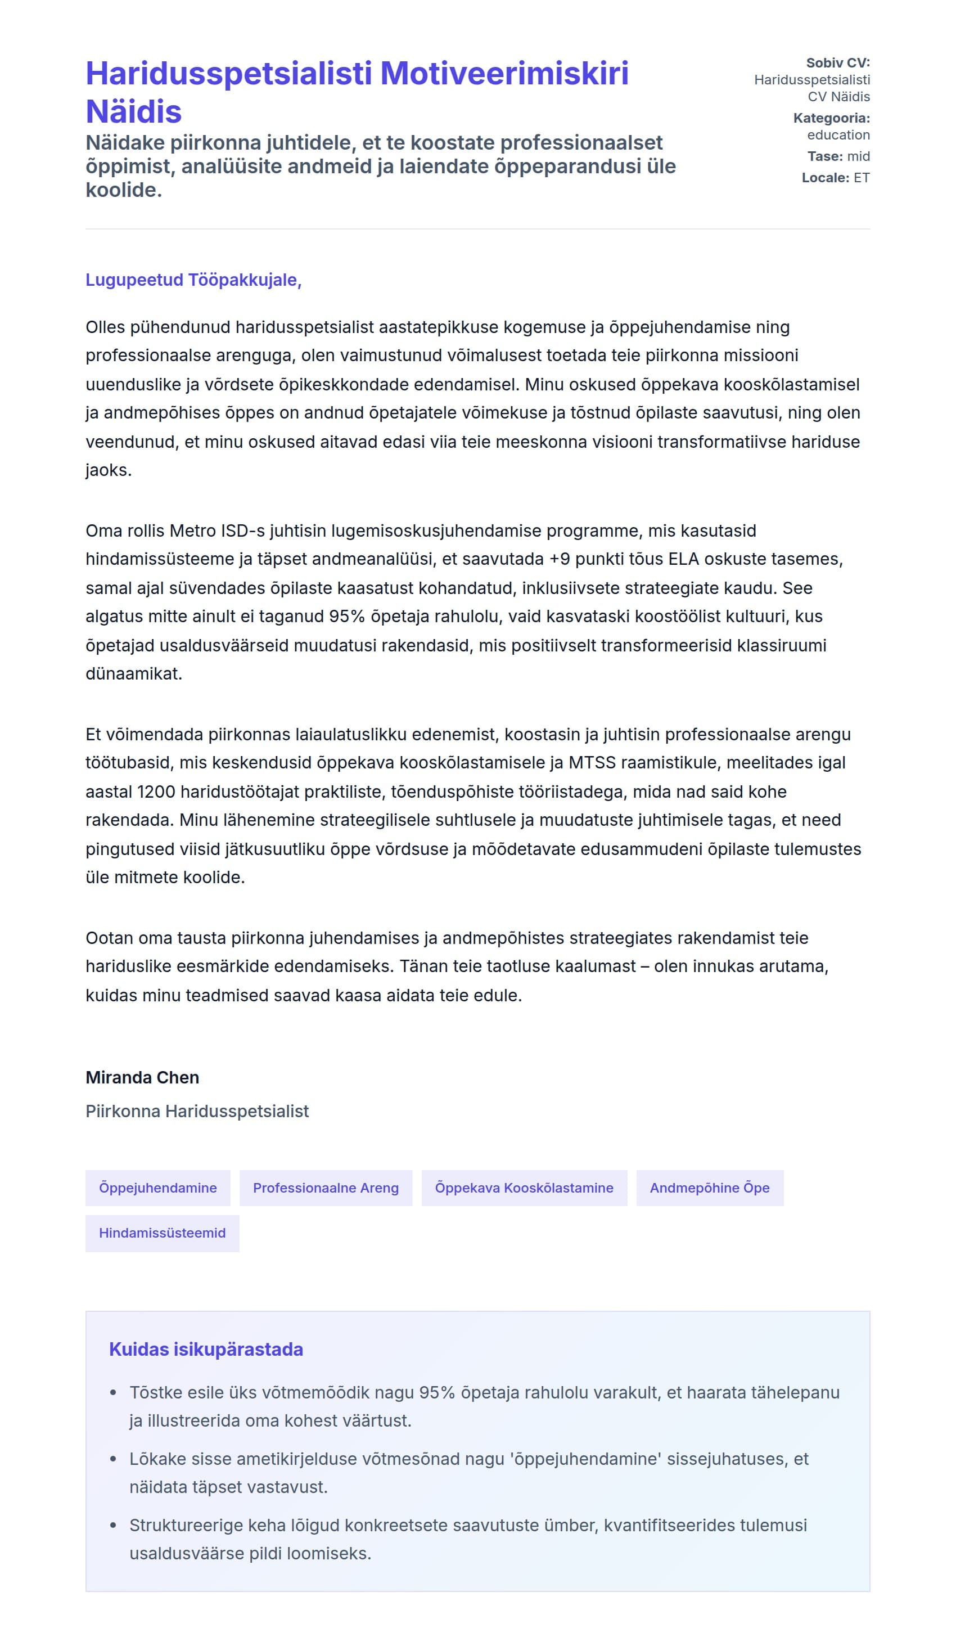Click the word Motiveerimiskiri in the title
click(x=503, y=73)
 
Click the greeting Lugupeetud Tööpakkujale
click(x=193, y=280)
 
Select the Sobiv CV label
click(x=837, y=62)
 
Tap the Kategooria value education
click(x=838, y=134)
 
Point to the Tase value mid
click(x=858, y=156)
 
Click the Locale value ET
click(x=862, y=178)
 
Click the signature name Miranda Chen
click(x=142, y=1077)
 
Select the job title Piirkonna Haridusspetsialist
click(x=197, y=1111)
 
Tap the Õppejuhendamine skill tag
click(x=158, y=1188)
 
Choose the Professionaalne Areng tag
click(x=326, y=1188)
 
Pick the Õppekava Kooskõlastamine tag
click(x=524, y=1188)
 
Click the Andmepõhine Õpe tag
click(x=709, y=1188)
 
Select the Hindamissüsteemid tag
click(x=162, y=1233)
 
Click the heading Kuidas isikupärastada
click(x=206, y=1349)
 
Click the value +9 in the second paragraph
click(x=560, y=559)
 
